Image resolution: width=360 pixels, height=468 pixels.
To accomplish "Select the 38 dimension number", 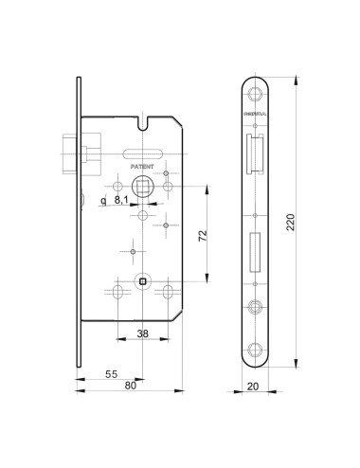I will click(142, 333).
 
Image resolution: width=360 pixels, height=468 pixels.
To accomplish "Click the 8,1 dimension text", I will click(122, 200).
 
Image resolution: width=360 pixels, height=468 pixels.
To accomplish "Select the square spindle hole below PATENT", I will click(142, 187).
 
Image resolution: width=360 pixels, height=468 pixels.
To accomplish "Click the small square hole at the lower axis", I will click(142, 281).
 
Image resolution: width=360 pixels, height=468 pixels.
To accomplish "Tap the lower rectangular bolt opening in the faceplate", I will click(255, 250).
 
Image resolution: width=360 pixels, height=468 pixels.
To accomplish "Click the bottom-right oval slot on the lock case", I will click(168, 290).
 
